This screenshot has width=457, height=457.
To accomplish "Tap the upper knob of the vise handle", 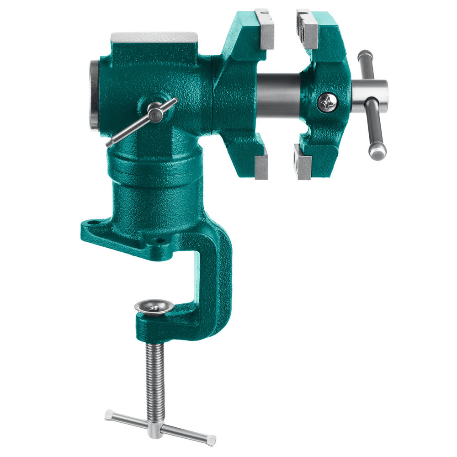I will tap(365, 57).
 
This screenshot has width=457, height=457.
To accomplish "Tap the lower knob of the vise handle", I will tap(377, 152).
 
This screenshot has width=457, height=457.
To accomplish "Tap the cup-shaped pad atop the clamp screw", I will tap(154, 308).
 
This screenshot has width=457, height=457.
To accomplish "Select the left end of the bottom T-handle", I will tap(108, 415).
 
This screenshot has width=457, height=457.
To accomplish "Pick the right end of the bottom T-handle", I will tap(211, 440).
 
